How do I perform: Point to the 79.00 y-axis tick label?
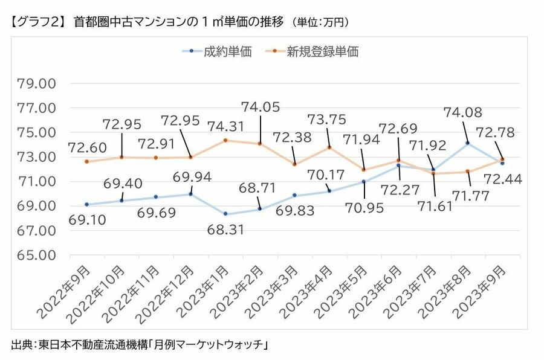(37, 83)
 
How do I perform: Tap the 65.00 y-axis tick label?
(37, 255)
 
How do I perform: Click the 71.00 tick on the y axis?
(37, 181)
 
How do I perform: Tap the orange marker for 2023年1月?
(225, 140)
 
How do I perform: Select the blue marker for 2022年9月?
(86, 204)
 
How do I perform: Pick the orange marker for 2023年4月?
(329, 147)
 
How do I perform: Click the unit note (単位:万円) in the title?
(320, 22)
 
